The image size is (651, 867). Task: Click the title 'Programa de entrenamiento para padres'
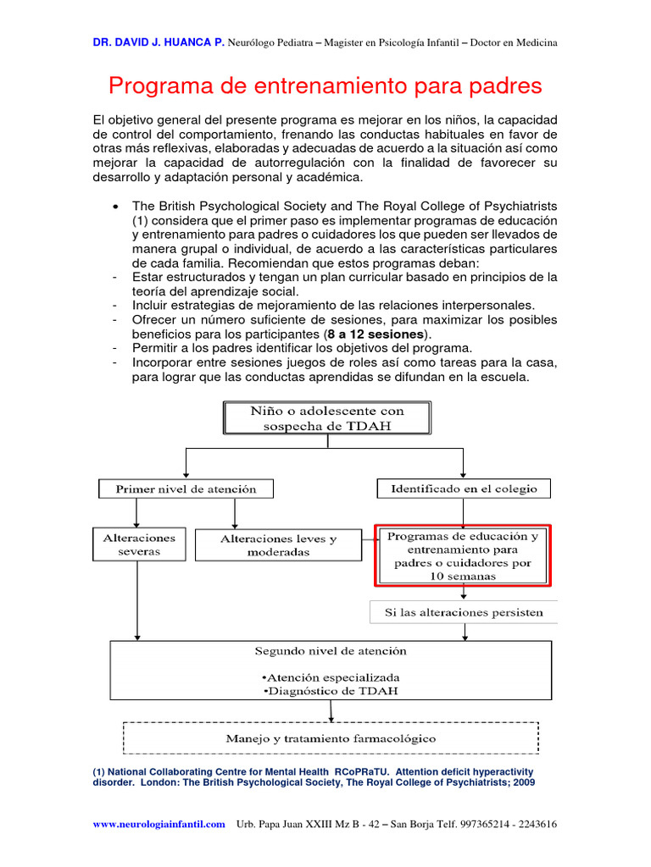click(325, 86)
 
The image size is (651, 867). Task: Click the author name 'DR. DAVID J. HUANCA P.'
click(159, 43)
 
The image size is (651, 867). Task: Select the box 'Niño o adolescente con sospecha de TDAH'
click(326, 418)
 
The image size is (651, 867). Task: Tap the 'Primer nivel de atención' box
click(186, 489)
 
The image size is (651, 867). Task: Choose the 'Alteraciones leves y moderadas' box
click(278, 545)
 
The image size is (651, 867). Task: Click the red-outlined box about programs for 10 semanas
click(463, 555)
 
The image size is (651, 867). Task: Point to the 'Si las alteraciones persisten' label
click(465, 612)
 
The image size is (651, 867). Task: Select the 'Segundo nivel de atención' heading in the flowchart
click(331, 651)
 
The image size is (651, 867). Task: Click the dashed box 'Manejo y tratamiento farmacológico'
click(331, 737)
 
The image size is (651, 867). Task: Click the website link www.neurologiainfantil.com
click(159, 824)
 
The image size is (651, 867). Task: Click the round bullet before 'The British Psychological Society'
click(114, 207)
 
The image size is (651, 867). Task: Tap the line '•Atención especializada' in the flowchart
click(331, 678)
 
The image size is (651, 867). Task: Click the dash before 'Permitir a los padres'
click(114, 348)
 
